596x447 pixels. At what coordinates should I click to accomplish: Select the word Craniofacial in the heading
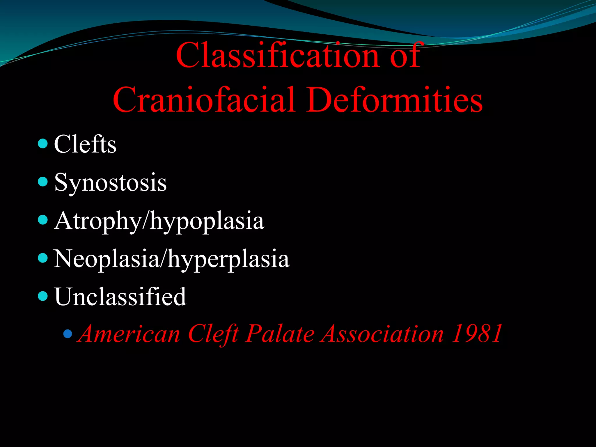point(204,100)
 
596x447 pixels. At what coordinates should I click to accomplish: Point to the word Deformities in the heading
point(394,100)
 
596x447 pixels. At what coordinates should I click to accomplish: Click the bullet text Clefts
point(85,144)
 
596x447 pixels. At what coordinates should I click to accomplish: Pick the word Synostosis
point(110,183)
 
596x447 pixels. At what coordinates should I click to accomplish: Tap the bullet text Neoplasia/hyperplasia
point(172,259)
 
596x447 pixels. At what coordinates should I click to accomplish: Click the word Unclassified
point(120,297)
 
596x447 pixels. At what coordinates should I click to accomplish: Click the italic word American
point(130,334)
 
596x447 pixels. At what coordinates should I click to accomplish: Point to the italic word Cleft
point(213,334)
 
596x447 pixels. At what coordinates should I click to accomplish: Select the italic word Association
point(382,334)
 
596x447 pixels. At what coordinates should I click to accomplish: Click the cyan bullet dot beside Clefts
point(43,143)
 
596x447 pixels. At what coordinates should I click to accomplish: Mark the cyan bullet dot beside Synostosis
point(43,182)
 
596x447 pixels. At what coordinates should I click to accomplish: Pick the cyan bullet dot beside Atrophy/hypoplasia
point(43,220)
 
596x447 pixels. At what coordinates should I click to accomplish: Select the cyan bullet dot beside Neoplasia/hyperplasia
point(43,258)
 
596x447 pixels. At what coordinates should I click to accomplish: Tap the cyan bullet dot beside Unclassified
point(43,296)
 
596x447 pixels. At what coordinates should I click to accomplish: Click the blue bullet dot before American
point(68,334)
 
